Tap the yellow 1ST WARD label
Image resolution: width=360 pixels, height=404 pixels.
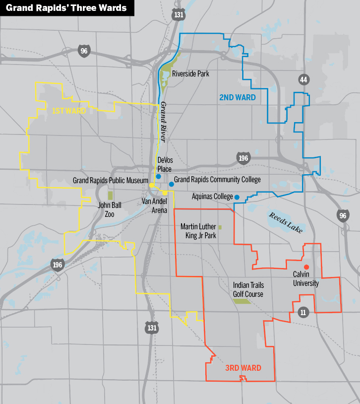69,111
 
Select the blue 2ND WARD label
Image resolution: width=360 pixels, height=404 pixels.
238,98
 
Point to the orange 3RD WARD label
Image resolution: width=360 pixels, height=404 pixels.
243,368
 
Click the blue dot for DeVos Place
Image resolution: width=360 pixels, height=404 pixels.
158,176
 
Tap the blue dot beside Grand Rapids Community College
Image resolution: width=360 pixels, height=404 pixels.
171,184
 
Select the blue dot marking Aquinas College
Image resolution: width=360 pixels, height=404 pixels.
237,197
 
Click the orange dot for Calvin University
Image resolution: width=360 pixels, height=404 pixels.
306,267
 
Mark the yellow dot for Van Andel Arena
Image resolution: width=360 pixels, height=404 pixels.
165,193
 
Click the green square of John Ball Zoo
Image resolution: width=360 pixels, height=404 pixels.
110,196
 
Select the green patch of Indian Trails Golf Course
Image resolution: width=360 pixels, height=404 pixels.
241,301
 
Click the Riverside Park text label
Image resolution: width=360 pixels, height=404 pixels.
190,74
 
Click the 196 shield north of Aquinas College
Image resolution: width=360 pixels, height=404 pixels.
242,158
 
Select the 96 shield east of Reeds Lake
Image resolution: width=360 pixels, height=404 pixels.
342,215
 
